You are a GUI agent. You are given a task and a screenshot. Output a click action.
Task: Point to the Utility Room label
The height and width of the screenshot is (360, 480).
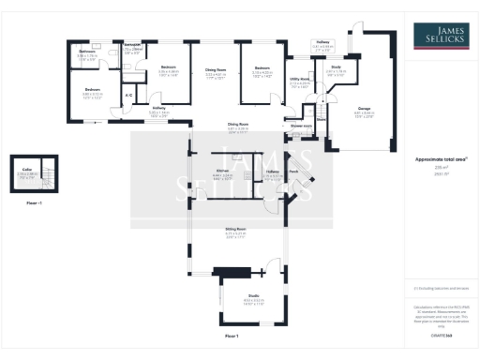[x=299, y=80]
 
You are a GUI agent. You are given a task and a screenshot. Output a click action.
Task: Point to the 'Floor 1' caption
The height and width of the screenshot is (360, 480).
[x=232, y=335]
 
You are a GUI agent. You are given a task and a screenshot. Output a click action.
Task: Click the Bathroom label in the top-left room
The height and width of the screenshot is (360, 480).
[x=87, y=51]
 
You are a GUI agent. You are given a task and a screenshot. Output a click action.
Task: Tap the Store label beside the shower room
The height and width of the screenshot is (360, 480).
[x=319, y=119]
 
